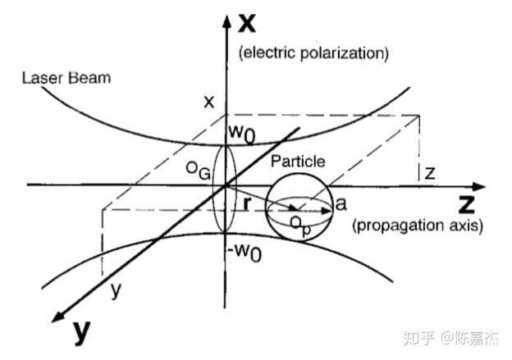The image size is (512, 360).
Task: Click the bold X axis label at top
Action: click(245, 23)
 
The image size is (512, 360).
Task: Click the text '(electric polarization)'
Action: click(313, 53)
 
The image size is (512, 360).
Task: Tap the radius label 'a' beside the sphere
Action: click(341, 201)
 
